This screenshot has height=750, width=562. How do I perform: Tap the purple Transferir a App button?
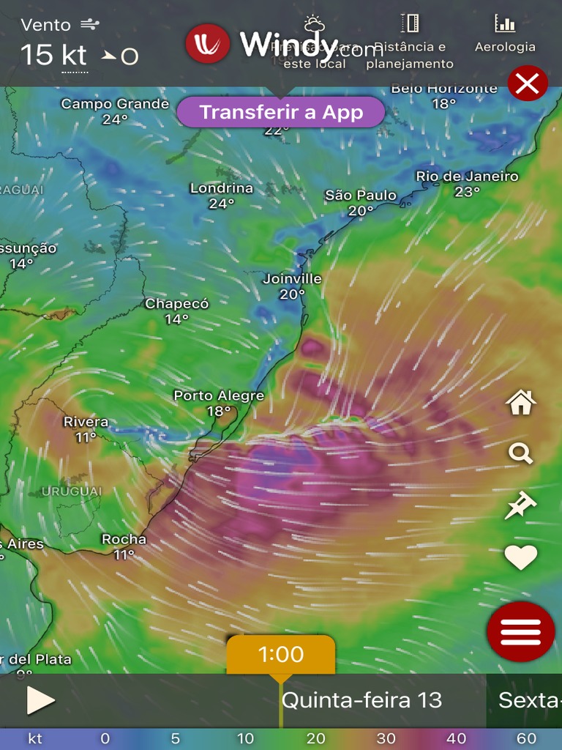[x=281, y=113]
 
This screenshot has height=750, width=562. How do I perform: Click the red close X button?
[x=527, y=83]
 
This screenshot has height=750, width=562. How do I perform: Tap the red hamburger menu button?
[x=520, y=631]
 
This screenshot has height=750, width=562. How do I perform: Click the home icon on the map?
[x=520, y=402]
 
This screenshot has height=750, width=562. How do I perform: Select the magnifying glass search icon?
[x=520, y=453]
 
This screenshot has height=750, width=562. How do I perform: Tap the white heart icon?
[x=520, y=558]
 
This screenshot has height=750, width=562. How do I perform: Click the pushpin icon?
[x=520, y=505]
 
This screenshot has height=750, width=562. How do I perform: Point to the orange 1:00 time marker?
[x=281, y=654]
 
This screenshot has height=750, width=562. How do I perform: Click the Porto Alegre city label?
[x=219, y=396]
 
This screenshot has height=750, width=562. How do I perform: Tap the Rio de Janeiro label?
[x=467, y=176]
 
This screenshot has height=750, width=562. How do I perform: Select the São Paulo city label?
[x=361, y=195]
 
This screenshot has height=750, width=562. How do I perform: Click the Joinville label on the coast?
[x=292, y=278]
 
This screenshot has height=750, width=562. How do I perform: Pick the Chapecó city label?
[x=176, y=303]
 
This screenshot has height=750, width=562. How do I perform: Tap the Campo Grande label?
[x=115, y=104]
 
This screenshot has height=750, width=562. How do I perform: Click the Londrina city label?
[x=221, y=188]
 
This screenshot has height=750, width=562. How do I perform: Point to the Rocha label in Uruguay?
[x=124, y=539]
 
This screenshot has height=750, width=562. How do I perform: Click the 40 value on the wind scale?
[x=456, y=738]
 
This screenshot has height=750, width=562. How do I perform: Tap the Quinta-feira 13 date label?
[x=361, y=700]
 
